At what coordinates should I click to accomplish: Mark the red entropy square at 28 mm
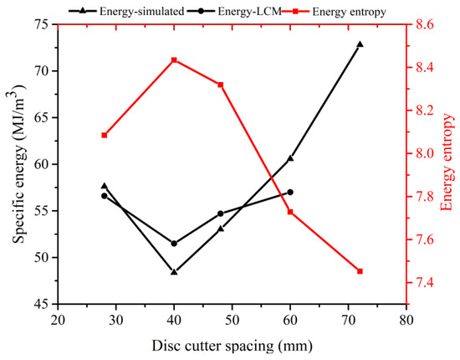[x=105, y=135]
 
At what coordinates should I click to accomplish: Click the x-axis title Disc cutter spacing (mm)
[x=232, y=345]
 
